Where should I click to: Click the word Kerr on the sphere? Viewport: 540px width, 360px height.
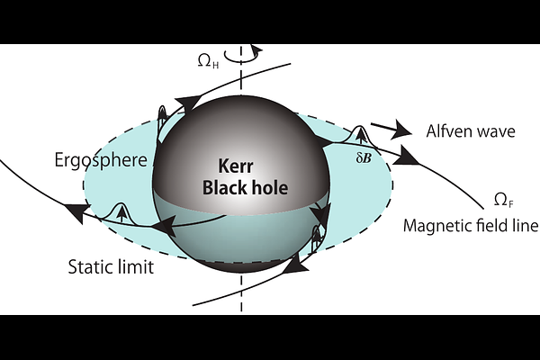[x=236, y=166]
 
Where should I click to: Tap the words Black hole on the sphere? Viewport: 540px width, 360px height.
[x=245, y=188]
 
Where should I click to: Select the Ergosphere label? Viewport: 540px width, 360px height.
[x=101, y=160]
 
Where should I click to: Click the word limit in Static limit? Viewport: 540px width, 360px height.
[x=134, y=267]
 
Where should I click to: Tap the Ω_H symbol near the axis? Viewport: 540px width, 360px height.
[x=208, y=61]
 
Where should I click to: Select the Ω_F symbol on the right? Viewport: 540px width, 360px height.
[x=504, y=200]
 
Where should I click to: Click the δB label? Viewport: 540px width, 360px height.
[x=364, y=158]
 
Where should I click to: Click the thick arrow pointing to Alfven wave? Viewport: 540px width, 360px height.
[x=391, y=129]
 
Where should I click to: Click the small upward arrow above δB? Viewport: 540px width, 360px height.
[x=361, y=137]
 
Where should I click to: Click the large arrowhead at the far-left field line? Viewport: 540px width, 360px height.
[x=77, y=211]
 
